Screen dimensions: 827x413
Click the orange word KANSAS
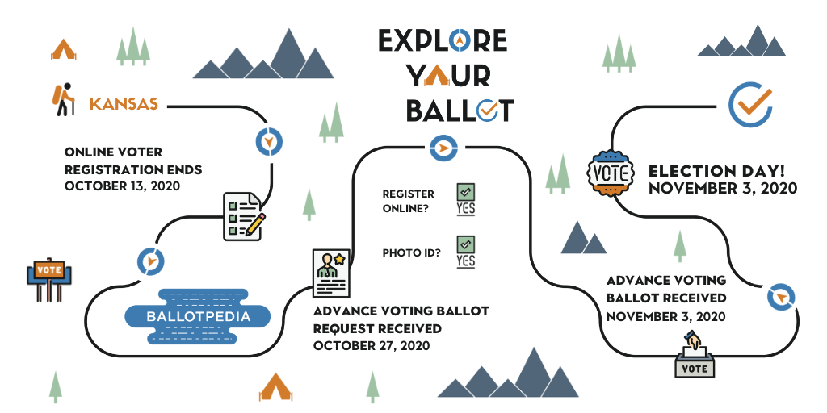pyautogui.click(x=124, y=104)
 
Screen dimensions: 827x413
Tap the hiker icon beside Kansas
pyautogui.click(x=63, y=99)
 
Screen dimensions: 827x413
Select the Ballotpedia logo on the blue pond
pyautogui.click(x=198, y=316)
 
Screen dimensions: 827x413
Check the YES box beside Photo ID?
pyautogui.click(x=466, y=252)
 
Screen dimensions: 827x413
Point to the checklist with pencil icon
pyautogui.click(x=244, y=216)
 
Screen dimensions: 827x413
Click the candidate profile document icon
pyautogui.click(x=331, y=273)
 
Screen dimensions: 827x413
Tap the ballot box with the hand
pyautogui.click(x=695, y=355)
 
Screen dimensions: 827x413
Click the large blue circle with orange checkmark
pyautogui.click(x=750, y=104)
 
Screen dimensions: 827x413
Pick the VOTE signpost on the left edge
pyautogui.click(x=49, y=279)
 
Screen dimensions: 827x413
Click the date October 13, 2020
pyautogui.click(x=123, y=186)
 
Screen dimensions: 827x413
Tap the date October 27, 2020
pyautogui.click(x=372, y=345)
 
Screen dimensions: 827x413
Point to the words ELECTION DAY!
pyautogui.click(x=717, y=171)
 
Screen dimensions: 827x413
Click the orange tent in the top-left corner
pyautogui.click(x=63, y=49)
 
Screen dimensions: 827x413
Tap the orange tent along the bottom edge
pyautogui.click(x=276, y=387)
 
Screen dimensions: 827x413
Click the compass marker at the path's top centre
pyautogui.click(x=443, y=148)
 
